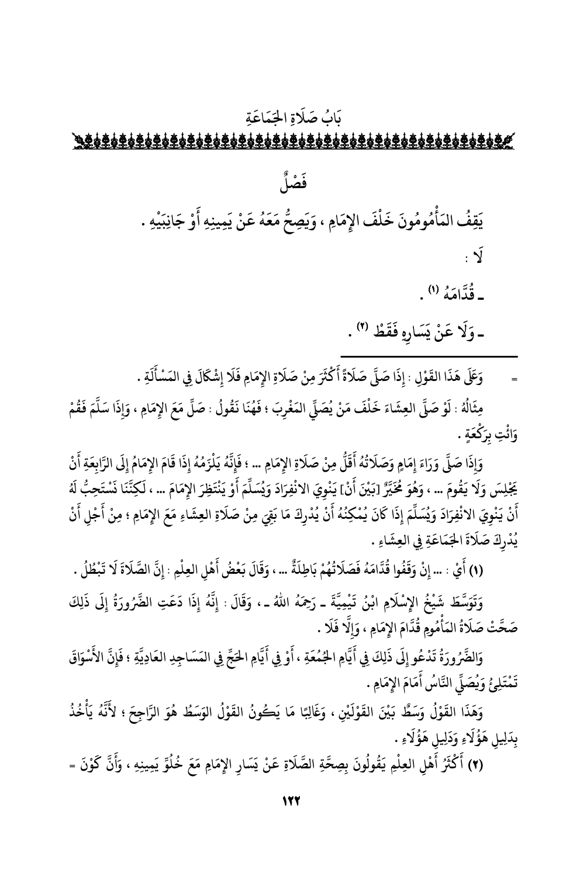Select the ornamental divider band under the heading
pyautogui.click(x=293, y=141)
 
